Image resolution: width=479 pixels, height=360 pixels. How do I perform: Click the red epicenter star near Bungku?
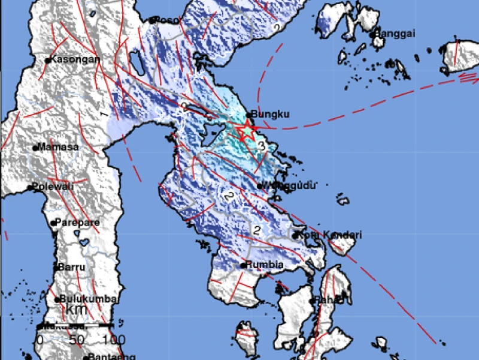[245, 128]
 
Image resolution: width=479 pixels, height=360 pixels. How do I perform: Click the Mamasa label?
[56, 147]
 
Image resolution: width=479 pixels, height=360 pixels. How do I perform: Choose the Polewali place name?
[53, 187]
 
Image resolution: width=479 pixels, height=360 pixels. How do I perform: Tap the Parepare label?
[78, 223]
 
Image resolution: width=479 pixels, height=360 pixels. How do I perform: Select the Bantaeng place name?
[105, 357]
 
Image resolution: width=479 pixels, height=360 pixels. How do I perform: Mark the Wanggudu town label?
[287, 186]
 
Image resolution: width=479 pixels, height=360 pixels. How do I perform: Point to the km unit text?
[76, 310]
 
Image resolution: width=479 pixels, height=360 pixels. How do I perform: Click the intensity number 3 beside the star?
[261, 145]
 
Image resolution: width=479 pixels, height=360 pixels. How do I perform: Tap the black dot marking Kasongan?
[47, 60]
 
